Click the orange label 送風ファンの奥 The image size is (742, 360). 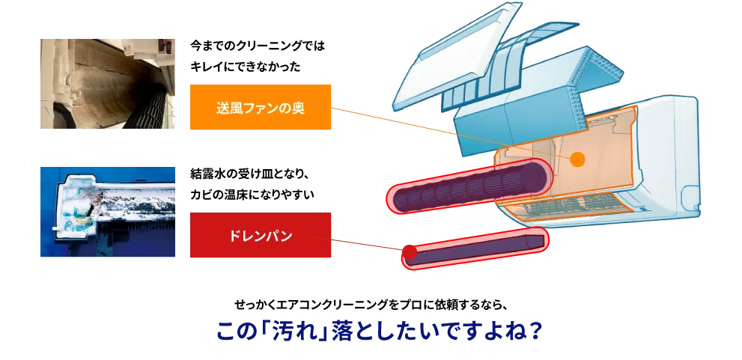[x=260, y=108]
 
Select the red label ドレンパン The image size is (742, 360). [x=260, y=236]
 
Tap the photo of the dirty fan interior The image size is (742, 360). [x=109, y=84]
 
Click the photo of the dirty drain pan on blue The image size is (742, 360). [x=109, y=210]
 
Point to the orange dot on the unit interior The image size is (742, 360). [x=577, y=159]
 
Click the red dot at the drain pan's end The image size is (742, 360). [x=410, y=254]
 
